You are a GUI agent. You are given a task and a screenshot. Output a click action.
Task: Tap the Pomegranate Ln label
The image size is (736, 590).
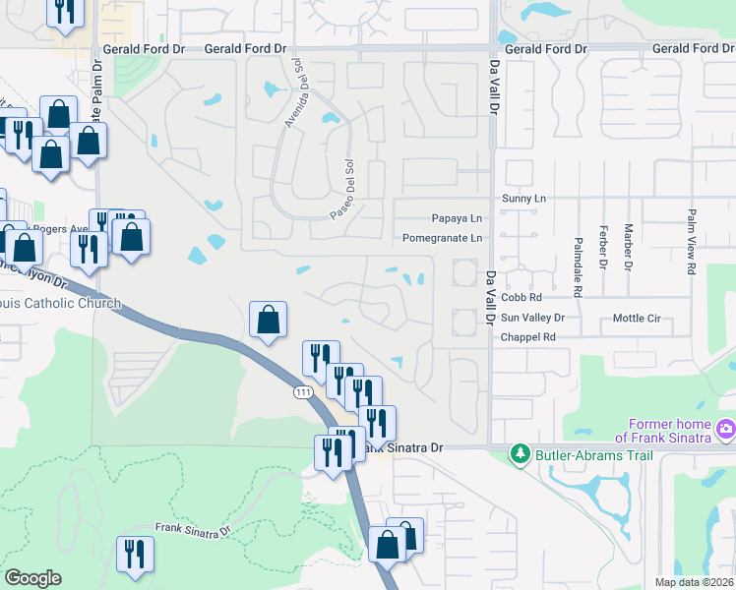[x=443, y=239]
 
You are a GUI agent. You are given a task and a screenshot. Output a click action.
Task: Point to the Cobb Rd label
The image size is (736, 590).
[x=521, y=297]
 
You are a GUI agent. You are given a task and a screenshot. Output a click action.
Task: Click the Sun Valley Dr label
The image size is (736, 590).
[x=532, y=318]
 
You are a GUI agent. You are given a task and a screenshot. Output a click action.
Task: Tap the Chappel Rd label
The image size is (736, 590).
[x=528, y=336]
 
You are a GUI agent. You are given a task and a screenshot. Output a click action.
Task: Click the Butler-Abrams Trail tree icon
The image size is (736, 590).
[x=521, y=454]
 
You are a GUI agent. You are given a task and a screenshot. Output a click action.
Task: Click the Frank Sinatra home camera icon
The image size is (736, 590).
[x=725, y=430]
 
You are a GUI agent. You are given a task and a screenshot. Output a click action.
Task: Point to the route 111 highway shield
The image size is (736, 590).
[x=304, y=392]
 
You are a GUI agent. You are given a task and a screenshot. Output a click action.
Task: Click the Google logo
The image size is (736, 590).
[x=32, y=578]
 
